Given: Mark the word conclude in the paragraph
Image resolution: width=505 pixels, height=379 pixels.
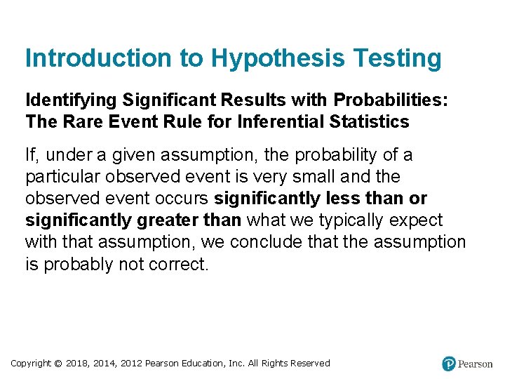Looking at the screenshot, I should tap(266, 242).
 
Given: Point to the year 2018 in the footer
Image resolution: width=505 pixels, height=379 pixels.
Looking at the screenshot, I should tap(79, 363).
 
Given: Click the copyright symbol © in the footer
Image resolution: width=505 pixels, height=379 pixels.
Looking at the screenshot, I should tap(58, 363).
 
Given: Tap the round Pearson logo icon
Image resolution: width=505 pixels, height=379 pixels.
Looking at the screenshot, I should tap(449, 364).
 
